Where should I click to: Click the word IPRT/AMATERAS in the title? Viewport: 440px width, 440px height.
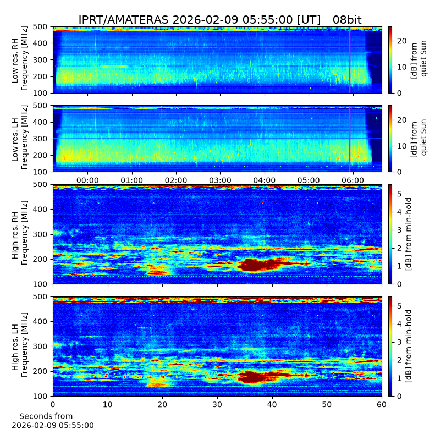[123, 20]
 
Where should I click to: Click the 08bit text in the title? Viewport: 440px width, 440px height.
[347, 20]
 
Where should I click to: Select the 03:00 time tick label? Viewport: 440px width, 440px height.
[221, 180]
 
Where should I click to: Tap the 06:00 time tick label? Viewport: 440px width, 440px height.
[353, 180]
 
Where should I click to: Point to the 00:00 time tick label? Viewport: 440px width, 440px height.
[87, 180]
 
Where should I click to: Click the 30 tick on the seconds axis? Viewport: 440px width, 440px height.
[217, 404]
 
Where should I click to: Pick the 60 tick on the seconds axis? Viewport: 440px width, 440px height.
[382, 404]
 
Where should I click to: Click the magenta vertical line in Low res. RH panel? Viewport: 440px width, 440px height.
[350, 60]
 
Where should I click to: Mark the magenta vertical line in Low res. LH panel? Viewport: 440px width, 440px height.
[350, 139]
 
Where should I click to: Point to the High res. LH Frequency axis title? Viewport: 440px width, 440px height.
[20, 345]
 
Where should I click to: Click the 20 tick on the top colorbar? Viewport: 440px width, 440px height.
[402, 41]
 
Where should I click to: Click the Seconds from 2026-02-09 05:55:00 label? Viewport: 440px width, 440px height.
[53, 421]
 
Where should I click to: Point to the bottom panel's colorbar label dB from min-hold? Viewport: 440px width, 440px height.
[408, 346]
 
